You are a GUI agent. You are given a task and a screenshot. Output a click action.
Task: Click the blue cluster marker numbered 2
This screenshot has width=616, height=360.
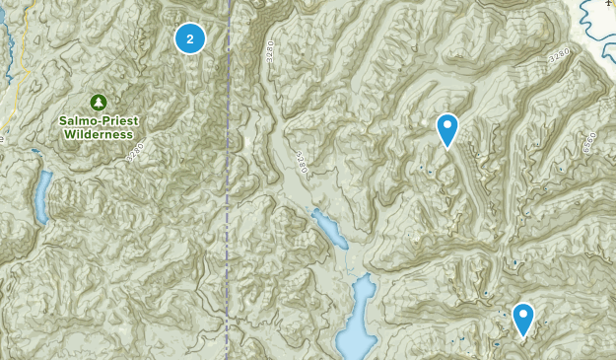pyautogui.click(x=190, y=38)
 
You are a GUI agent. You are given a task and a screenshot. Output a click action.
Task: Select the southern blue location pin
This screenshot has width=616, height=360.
pyautogui.click(x=522, y=318)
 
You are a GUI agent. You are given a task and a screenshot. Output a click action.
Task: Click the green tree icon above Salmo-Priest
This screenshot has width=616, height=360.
pyautogui.click(x=99, y=102)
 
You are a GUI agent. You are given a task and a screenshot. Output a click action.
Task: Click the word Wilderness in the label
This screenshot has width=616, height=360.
pyautogui.click(x=94, y=133)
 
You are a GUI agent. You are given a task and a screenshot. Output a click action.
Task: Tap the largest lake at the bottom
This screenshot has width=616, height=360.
pyautogui.click(x=356, y=321)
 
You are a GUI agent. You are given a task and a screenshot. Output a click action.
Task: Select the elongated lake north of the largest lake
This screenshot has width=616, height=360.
pyautogui.click(x=328, y=230)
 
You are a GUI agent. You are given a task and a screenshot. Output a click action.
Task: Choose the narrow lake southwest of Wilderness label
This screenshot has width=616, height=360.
pyautogui.click(x=41, y=196)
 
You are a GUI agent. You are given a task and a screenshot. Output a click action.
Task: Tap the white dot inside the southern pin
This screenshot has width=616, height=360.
pyautogui.click(x=522, y=316)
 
